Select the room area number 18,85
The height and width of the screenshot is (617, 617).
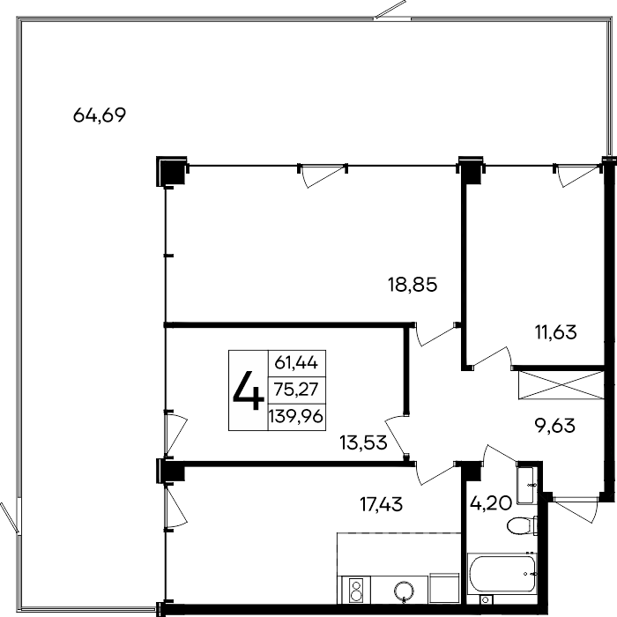[413, 285]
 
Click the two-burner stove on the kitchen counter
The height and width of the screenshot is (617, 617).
[356, 587]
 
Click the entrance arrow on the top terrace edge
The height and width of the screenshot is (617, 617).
[392, 11]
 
